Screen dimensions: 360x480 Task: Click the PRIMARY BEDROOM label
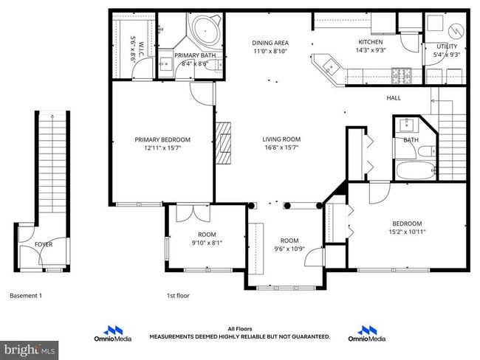162,139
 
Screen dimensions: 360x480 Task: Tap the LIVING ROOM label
281,139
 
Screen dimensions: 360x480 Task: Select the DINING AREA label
270,43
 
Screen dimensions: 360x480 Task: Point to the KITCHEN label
370,42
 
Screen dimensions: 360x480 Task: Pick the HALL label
394,98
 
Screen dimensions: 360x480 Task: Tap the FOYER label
44,244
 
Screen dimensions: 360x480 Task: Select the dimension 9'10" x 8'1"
187,243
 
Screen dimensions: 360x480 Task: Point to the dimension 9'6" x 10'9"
289,249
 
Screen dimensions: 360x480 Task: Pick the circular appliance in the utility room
455,30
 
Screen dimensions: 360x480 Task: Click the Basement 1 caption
26,296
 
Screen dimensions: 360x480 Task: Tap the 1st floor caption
178,296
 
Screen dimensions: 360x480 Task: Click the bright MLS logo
30,348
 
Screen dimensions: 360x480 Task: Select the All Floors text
240,330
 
